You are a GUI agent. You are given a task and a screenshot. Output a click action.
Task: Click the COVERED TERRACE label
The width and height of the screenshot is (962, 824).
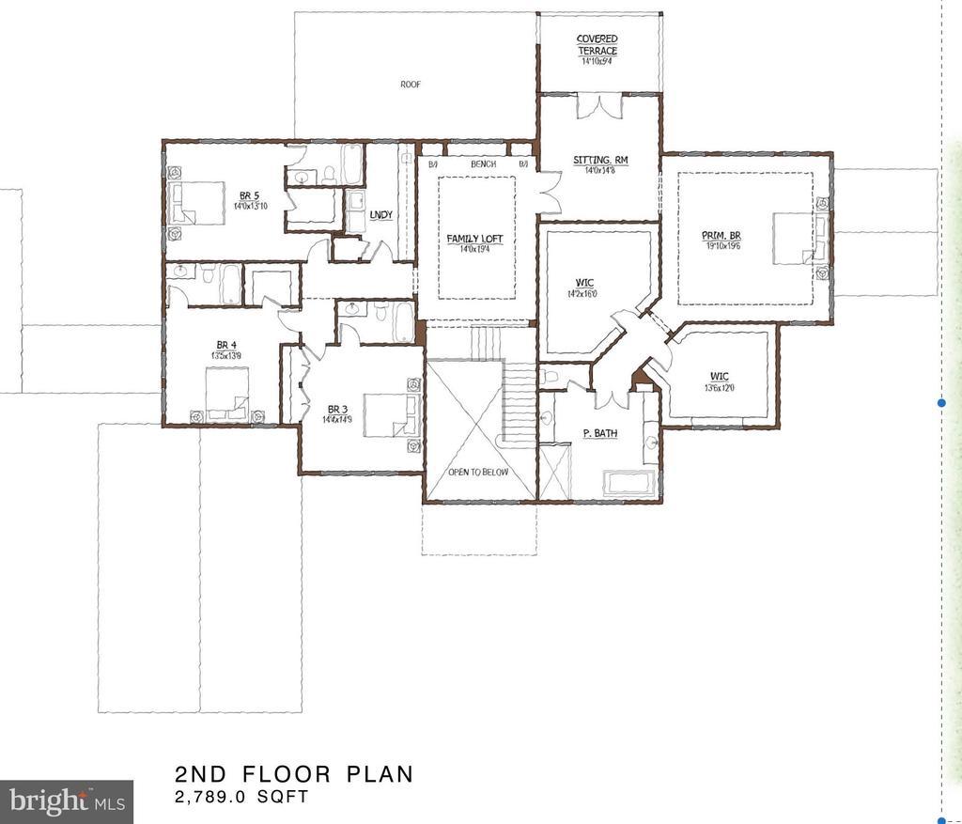click(x=597, y=44)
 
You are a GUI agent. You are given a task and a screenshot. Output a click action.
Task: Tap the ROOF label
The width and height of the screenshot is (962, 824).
click(x=411, y=84)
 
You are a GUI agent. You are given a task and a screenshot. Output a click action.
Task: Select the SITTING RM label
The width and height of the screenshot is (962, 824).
click(x=599, y=161)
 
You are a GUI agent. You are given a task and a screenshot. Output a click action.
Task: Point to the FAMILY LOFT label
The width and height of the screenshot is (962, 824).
click(x=469, y=239)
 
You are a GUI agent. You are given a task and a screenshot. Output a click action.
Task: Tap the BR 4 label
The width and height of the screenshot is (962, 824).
click(x=223, y=344)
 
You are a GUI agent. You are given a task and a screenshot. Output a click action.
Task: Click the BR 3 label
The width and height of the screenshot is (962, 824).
click(x=338, y=409)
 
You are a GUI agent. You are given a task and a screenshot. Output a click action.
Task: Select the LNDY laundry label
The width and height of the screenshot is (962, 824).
click(x=380, y=215)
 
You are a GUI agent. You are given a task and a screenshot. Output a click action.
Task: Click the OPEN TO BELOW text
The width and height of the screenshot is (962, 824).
click(x=478, y=472)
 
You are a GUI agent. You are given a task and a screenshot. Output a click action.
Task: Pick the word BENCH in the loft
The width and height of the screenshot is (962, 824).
click(x=483, y=164)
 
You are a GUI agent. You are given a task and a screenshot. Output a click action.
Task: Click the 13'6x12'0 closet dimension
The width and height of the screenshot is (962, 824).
click(x=721, y=388)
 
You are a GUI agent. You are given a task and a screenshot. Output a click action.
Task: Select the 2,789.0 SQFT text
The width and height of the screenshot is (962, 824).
click(x=241, y=798)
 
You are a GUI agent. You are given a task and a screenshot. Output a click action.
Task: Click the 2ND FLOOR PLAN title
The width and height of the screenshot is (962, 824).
click(x=293, y=774)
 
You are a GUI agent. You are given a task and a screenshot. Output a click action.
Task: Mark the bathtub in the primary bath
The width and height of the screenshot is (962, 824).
click(x=632, y=484)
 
